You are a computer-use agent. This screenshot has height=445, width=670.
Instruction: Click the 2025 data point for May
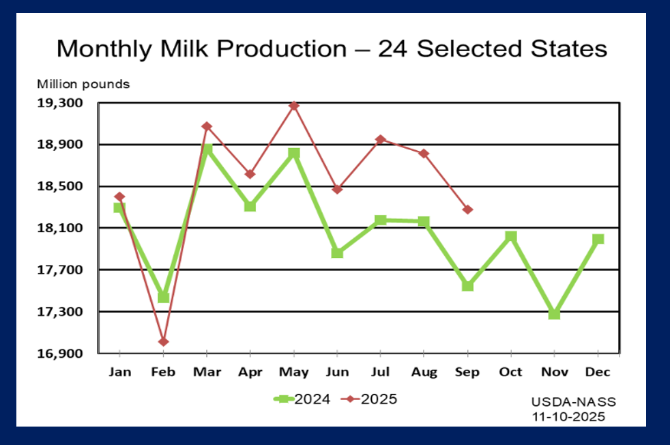coord(294,106)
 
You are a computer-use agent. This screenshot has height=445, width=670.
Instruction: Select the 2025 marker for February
coord(164,342)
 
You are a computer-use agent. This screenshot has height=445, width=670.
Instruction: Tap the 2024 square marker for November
coord(554,314)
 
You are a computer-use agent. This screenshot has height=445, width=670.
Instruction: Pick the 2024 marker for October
coord(511,236)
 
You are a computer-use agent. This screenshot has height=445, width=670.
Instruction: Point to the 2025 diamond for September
coord(467,210)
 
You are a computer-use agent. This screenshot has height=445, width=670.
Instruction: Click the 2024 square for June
coord(337,253)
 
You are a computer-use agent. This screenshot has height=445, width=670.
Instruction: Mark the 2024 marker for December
coord(598,239)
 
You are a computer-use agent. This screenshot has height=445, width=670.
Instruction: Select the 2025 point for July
coord(381,139)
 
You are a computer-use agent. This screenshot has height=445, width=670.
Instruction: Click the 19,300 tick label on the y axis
coord(63,103)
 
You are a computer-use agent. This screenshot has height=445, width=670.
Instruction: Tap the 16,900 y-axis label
coord(63,354)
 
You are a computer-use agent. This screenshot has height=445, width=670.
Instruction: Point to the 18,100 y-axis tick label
coord(63,228)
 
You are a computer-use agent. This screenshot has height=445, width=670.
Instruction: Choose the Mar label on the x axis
coord(207,372)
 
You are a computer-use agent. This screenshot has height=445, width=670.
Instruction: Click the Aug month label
coord(424,372)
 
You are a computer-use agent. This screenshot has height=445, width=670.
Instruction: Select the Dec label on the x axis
coord(598,372)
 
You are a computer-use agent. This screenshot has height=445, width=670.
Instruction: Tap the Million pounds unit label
coord(83,85)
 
